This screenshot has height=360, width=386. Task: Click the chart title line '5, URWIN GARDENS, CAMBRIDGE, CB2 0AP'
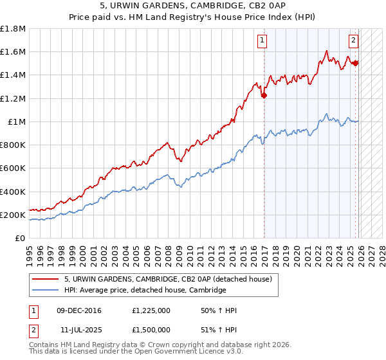pyautogui.click(x=193, y=7)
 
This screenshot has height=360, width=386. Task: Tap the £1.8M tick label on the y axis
pyautogui.click(x=13, y=29)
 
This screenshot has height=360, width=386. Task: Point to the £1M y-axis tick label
pyautogui.click(x=15, y=122)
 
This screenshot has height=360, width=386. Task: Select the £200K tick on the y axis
pyautogui.click(x=13, y=215)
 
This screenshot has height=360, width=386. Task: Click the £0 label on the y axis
pyautogui.click(x=20, y=239)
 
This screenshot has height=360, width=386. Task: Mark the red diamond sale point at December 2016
pyautogui.click(x=264, y=96)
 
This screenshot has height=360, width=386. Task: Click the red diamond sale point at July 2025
pyautogui.click(x=355, y=63)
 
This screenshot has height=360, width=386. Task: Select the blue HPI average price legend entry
pyautogui.click(x=145, y=290)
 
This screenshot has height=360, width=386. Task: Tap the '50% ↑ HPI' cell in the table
pyautogui.click(x=219, y=311)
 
